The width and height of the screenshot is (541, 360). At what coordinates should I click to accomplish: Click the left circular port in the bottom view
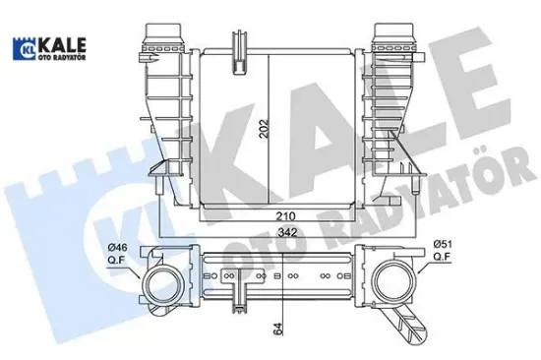(159, 285)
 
